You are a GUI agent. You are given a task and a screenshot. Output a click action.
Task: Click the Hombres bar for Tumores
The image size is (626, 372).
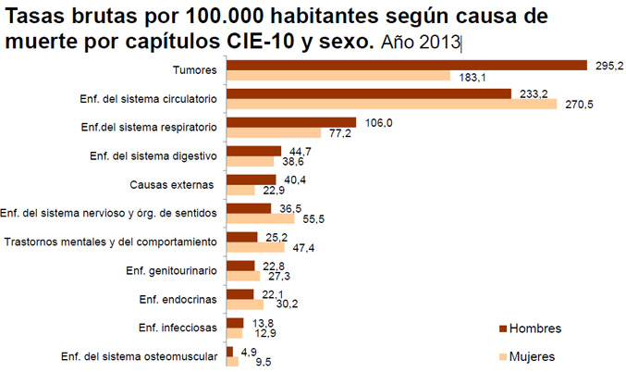click(407, 65)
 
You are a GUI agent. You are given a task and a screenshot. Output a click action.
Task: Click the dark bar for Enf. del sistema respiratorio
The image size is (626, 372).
click(291, 122)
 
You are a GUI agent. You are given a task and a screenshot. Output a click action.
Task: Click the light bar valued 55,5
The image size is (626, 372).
click(260, 219)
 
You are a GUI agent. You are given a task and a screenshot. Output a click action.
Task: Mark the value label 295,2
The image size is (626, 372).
click(608, 65)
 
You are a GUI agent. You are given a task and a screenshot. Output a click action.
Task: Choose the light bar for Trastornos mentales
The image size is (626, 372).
click(256, 248)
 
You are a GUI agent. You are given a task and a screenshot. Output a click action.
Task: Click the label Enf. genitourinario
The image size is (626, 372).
click(171, 270)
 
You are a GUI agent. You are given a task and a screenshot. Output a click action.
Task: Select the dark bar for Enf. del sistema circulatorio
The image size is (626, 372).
click(369, 93)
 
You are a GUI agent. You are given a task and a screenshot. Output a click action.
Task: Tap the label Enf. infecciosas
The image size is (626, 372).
click(178, 328)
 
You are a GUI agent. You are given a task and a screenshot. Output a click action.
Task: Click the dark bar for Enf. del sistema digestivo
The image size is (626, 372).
click(253, 151)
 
